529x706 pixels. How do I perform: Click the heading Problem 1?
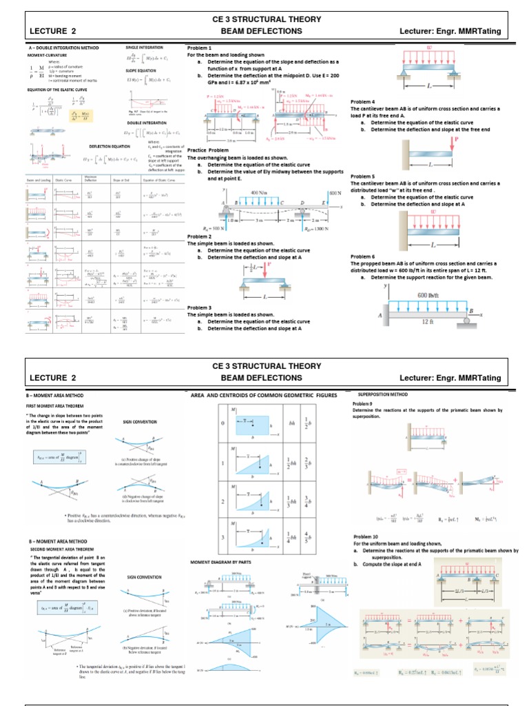(x=199, y=47)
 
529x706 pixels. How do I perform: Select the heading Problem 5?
(x=364, y=176)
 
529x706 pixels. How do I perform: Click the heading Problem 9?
(x=362, y=403)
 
